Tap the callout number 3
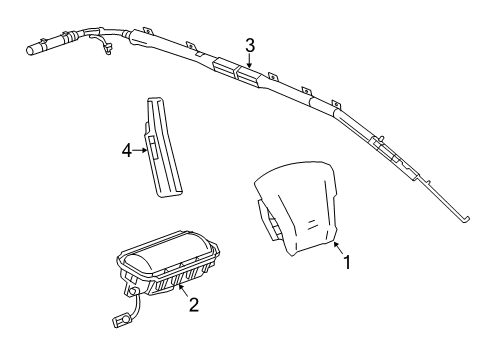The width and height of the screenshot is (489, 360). coord(251,44)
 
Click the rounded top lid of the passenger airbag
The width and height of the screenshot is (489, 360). coord(166,251)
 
